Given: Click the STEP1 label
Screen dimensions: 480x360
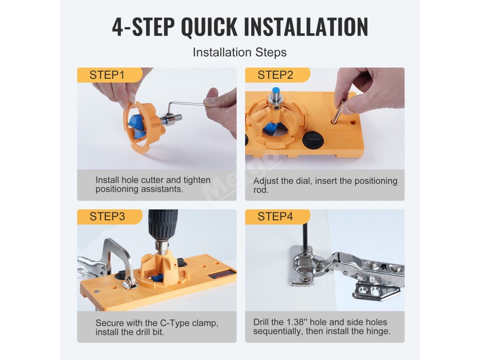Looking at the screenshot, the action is pyautogui.click(x=107, y=75).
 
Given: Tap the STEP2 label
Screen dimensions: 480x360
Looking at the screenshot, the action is pyautogui.click(x=275, y=75).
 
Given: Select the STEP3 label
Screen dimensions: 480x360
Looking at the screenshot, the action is pyautogui.click(x=107, y=217).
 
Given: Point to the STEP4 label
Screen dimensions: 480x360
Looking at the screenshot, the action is pyautogui.click(x=275, y=217).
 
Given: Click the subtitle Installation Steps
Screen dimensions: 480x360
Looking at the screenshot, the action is pyautogui.click(x=240, y=52).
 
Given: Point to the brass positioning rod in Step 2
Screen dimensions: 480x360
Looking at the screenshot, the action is pyautogui.click(x=338, y=112).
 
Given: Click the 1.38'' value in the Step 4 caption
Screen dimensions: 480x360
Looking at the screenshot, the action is pyautogui.click(x=297, y=322).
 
